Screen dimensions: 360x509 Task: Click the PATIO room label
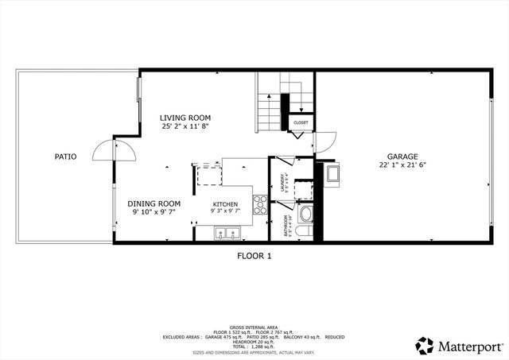[x=65, y=157]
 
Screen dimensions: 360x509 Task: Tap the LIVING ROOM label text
[x=185, y=117]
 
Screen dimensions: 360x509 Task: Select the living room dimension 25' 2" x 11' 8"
[x=185, y=126]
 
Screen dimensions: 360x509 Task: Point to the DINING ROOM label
[x=154, y=203]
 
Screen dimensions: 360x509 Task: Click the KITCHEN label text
[x=225, y=204]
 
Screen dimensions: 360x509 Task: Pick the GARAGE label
[x=402, y=157]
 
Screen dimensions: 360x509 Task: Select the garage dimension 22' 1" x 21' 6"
[x=402, y=165]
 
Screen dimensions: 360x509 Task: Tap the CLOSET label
[x=301, y=122]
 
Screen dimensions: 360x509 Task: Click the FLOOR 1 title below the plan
[x=254, y=256]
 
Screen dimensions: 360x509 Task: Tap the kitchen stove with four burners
[x=260, y=204]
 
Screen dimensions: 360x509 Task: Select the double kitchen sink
[x=226, y=234]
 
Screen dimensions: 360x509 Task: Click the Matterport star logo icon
[x=424, y=345]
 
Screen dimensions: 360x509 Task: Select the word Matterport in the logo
[x=468, y=346]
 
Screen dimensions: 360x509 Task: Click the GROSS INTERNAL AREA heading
[x=254, y=327]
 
